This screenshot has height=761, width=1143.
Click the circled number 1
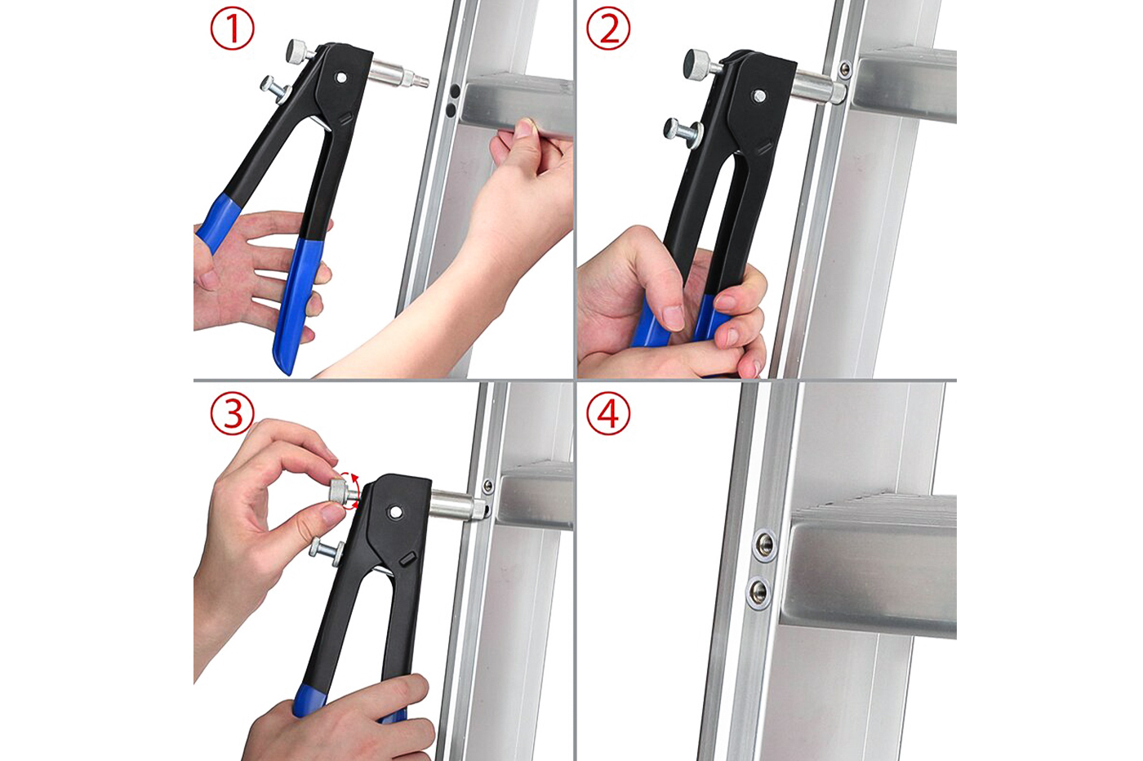[233, 29]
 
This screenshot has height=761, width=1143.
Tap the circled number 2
[608, 29]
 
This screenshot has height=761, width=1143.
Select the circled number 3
[233, 413]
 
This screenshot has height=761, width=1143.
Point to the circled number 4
[608, 413]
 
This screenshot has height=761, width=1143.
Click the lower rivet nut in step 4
[759, 590]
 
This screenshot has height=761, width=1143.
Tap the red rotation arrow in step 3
[351, 491]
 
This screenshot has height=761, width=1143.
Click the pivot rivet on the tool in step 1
[340, 78]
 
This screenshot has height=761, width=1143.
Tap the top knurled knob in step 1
[299, 51]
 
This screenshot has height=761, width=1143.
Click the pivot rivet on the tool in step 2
[759, 96]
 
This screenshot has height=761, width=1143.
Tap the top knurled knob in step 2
[698, 61]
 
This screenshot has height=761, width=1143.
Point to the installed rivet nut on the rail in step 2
[845, 69]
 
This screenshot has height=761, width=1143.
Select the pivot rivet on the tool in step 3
[396, 512]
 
